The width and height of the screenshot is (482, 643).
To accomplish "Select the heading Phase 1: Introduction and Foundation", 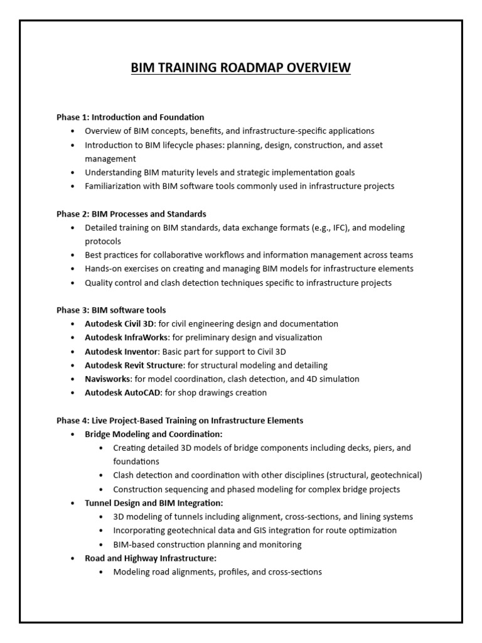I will [x=131, y=117].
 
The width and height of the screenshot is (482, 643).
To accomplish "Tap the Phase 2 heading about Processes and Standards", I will [x=131, y=214].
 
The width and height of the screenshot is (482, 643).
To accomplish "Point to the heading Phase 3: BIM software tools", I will [x=111, y=310].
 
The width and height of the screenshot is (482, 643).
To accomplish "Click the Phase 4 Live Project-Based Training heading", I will [x=179, y=420].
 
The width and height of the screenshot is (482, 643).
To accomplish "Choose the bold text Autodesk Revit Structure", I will [x=134, y=365].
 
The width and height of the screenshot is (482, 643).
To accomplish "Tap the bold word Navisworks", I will [x=107, y=379].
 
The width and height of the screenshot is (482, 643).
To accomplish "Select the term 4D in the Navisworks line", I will [x=312, y=379].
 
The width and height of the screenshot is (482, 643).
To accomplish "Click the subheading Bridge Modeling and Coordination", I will [x=154, y=434].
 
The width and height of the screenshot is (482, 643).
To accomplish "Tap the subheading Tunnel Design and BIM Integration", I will [x=154, y=503].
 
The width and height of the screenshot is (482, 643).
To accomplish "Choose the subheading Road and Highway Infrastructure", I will [x=151, y=558].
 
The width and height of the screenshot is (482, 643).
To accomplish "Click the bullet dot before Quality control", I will [x=73, y=283].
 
